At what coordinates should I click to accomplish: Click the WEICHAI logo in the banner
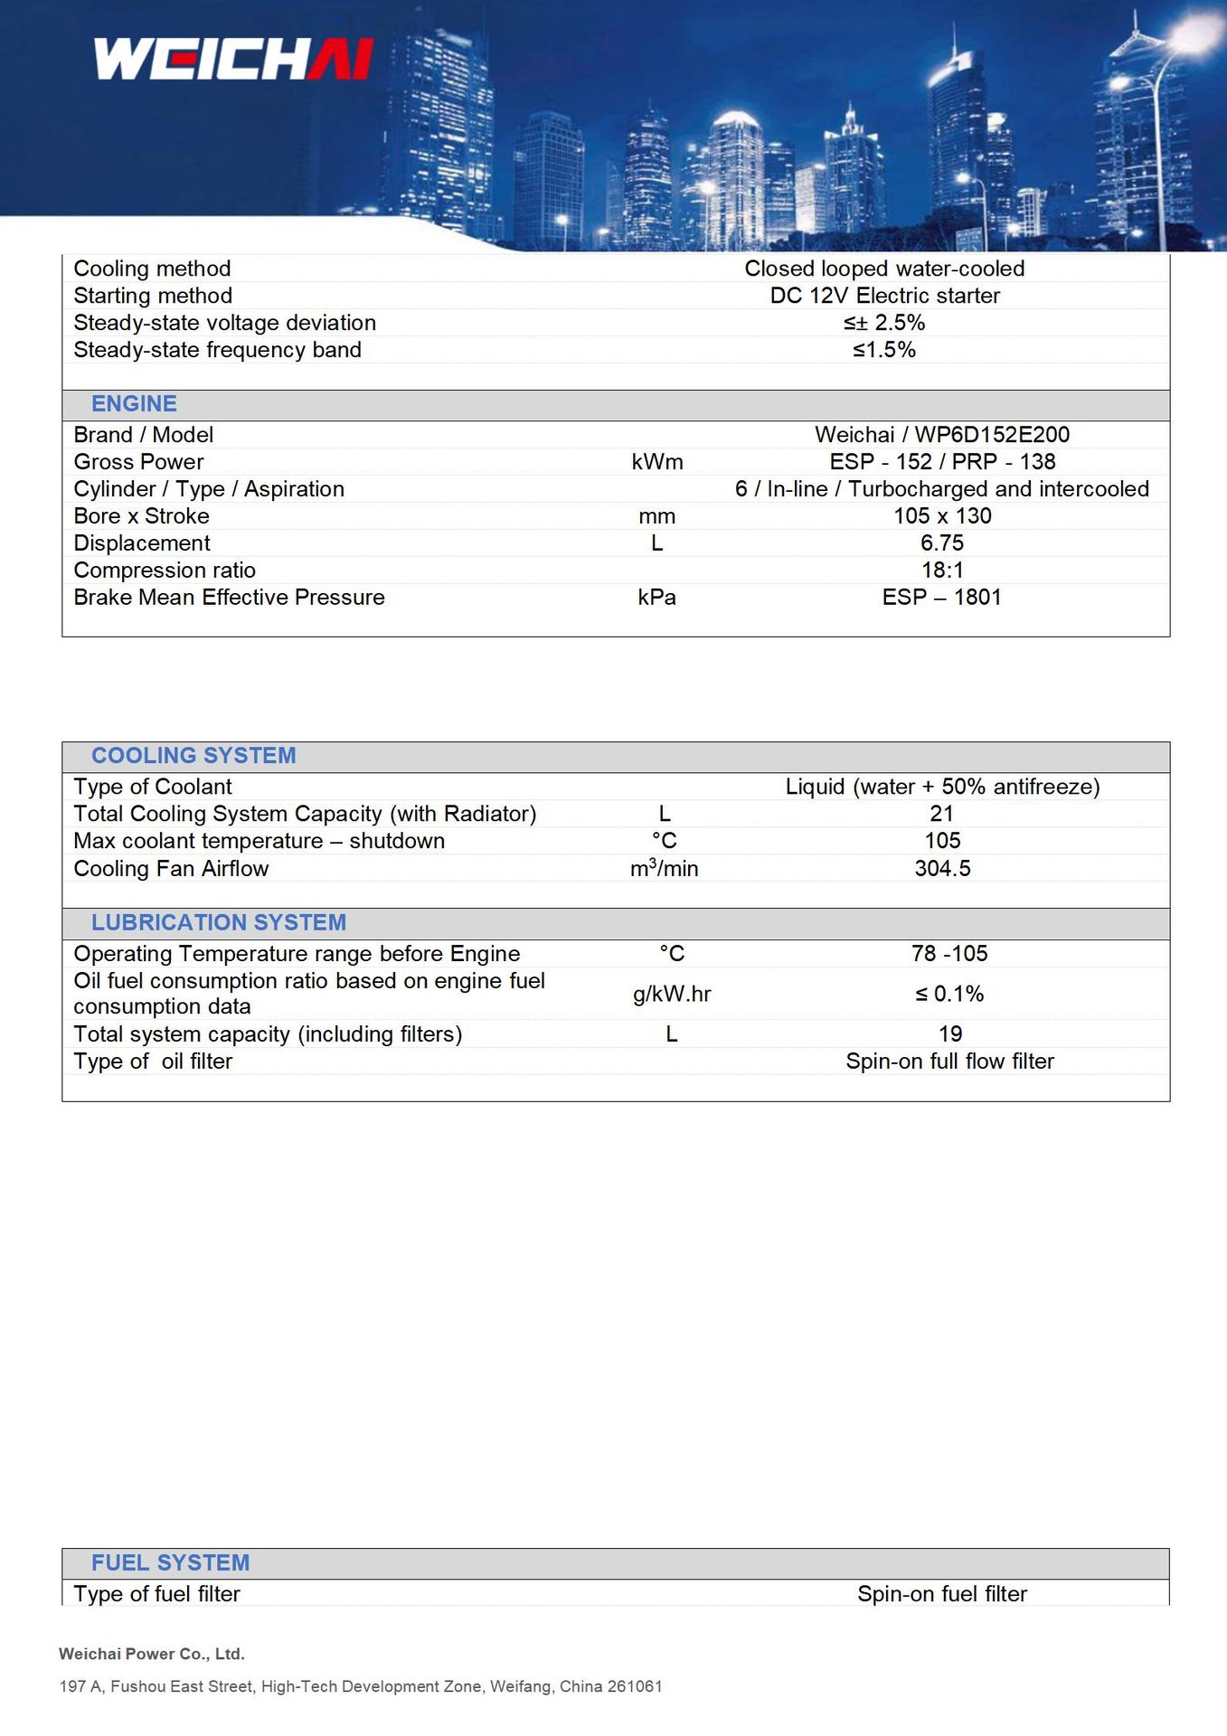pyautogui.click(x=233, y=59)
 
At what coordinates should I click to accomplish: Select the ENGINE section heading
pyautogui.click(x=134, y=404)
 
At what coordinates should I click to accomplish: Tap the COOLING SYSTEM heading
pyautogui.click(x=193, y=756)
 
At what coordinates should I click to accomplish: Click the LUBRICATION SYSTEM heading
pyautogui.click(x=219, y=922)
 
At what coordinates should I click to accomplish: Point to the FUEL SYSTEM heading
pyautogui.click(x=170, y=1562)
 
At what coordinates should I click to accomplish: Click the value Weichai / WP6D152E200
pyautogui.click(x=941, y=435)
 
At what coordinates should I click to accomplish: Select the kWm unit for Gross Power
pyautogui.click(x=657, y=462)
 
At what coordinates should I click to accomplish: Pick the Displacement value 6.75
pyautogui.click(x=942, y=543)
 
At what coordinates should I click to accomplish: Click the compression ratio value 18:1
pyautogui.click(x=942, y=571)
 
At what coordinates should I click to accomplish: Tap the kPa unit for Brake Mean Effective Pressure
pyautogui.click(x=656, y=598)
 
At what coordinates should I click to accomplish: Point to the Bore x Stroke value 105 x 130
pyautogui.click(x=942, y=516)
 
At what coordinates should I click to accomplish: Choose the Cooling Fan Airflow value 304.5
pyautogui.click(x=942, y=869)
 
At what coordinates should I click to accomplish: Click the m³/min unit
pyautogui.click(x=664, y=869)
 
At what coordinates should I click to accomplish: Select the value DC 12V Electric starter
pyautogui.click(x=884, y=296)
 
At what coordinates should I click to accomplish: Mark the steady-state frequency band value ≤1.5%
pyautogui.click(x=884, y=350)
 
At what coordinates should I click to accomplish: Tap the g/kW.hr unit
pyautogui.click(x=672, y=994)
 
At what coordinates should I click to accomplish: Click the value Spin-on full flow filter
pyautogui.click(x=949, y=1061)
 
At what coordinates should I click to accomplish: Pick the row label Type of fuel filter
pyautogui.click(x=157, y=1594)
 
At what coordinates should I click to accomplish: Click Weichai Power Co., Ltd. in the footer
pyautogui.click(x=152, y=1654)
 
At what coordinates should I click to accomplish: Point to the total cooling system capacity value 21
pyautogui.click(x=942, y=814)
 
